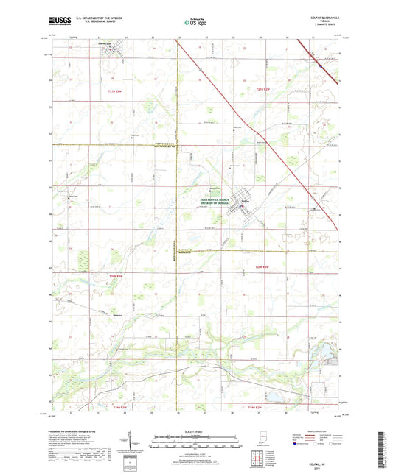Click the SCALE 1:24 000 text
195,432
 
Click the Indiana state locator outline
313,450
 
